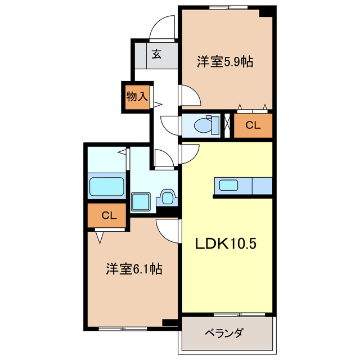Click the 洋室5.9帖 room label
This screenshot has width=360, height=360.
(x=224, y=61)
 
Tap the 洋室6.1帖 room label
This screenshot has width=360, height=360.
(x=134, y=269)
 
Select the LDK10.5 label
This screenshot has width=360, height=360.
(x=227, y=244)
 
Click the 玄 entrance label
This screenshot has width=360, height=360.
(x=156, y=55)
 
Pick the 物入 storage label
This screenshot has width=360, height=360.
(x=137, y=96)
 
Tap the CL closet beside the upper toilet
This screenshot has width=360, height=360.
(x=253, y=126)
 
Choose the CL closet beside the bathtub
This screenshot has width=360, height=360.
(x=108, y=215)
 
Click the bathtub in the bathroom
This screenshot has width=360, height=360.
(x=107, y=186)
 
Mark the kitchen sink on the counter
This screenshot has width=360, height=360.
(x=228, y=185)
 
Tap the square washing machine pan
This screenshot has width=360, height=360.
(x=140, y=201)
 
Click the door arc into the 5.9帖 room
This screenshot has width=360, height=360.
(x=190, y=96)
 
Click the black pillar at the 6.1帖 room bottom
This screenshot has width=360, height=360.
(x=168, y=323)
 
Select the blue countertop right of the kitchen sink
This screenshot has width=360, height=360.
(x=262, y=185)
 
